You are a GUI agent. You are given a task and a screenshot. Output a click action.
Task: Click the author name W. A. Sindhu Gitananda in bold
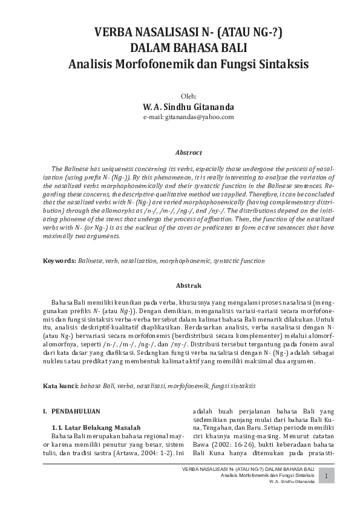(x=180, y=107)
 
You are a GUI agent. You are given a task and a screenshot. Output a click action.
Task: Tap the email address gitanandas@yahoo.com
(x=180, y=117)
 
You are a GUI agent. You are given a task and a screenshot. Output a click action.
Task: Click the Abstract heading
(x=180, y=153)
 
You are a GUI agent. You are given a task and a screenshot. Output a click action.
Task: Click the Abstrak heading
(x=180, y=284)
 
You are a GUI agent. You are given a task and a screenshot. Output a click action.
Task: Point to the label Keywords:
(x=59, y=261)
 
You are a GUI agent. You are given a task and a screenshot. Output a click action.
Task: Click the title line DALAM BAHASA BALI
(x=180, y=48)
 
